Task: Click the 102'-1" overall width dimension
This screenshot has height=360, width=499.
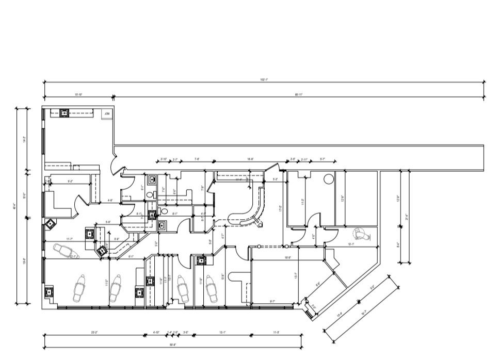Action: point(264,79)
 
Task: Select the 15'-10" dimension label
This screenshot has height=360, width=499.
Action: point(78,95)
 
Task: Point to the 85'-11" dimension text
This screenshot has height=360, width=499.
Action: point(298,95)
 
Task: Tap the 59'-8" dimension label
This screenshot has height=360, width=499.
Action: point(173,345)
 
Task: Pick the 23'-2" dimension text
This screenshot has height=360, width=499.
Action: point(95,333)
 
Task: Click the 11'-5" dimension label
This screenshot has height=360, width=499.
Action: point(276,333)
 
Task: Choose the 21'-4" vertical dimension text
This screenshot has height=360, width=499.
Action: point(407,216)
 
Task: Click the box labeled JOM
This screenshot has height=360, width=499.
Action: point(107,113)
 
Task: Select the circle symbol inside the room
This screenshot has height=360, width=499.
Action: point(328,179)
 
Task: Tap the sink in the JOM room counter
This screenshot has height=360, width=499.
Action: point(65,112)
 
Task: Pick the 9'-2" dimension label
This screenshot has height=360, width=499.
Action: point(70,182)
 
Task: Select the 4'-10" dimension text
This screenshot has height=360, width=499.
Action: point(156,333)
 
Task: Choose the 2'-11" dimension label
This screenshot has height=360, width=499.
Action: point(304,159)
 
